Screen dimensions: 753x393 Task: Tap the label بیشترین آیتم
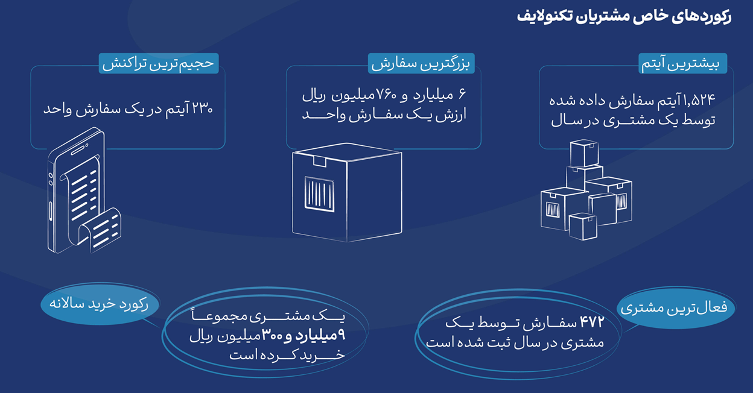click(x=683, y=63)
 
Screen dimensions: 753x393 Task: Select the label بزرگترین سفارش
click(x=421, y=63)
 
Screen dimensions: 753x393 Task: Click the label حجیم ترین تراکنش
click(x=159, y=63)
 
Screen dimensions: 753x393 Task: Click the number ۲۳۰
click(x=202, y=108)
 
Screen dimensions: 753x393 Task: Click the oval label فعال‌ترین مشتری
click(x=676, y=307)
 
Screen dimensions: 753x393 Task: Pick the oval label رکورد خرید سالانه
click(x=100, y=304)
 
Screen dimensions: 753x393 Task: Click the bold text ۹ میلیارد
click(x=320, y=335)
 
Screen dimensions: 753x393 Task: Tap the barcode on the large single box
click(x=319, y=194)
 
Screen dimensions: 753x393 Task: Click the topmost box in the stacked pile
click(x=584, y=154)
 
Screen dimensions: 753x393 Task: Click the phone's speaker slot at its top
click(x=79, y=150)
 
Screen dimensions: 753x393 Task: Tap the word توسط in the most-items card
click(x=699, y=121)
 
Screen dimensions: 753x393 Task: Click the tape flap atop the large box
click(x=320, y=161)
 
